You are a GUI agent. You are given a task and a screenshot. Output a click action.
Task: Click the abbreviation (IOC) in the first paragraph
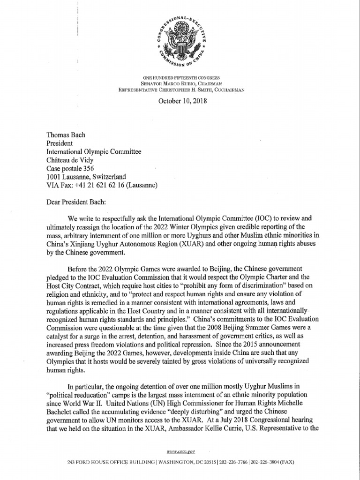(248, 218)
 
